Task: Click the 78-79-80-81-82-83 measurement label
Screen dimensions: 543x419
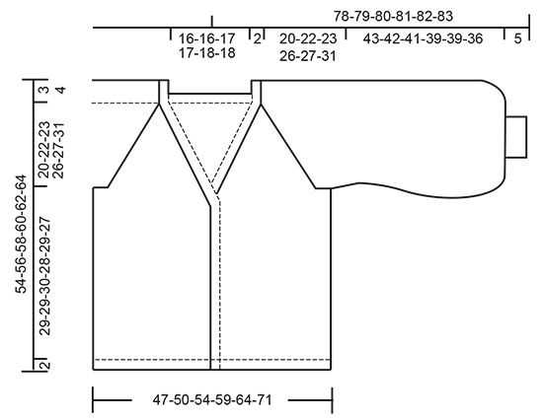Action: (x=393, y=16)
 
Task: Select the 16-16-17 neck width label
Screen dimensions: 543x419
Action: (x=206, y=38)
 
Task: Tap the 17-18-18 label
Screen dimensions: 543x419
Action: (x=206, y=53)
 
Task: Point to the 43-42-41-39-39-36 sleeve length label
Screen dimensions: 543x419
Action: (x=423, y=38)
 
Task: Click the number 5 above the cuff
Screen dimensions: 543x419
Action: (x=517, y=38)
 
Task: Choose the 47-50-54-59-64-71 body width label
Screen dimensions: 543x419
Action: (x=212, y=400)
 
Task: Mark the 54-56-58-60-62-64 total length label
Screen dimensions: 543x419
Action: (x=21, y=235)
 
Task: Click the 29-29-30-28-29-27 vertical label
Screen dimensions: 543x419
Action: (x=45, y=276)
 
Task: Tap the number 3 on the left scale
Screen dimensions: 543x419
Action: (x=44, y=90)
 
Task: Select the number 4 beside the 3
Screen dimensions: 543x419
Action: (x=60, y=91)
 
